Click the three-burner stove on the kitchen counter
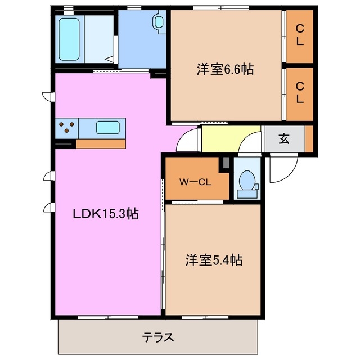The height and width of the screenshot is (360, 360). pos(66,128)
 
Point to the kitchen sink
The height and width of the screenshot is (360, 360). pos(107,127)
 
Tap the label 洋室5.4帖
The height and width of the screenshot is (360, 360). pos(214,260)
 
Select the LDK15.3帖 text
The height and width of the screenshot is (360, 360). pos(106,214)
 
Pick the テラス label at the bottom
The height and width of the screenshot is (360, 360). pos(157,337)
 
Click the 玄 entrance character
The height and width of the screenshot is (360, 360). pos(284,139)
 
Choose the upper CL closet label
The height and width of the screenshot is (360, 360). pos(300,36)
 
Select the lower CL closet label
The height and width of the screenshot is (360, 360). pos(300,93)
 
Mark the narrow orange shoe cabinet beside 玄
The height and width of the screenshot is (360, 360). pos(309,138)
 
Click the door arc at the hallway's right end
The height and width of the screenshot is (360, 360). pos(249,146)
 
